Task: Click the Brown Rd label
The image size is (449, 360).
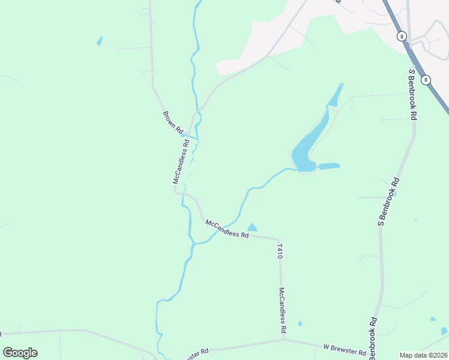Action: click(172, 121)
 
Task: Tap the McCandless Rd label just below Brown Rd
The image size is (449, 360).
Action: click(181, 161)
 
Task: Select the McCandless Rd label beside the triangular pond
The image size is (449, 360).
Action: click(227, 229)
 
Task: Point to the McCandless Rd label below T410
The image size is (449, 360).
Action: click(282, 310)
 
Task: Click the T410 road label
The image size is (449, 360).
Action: click(279, 251)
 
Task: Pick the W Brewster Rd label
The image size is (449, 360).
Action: click(345, 349)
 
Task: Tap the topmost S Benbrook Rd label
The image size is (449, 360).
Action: click(412, 95)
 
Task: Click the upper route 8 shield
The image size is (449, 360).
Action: click(402, 37)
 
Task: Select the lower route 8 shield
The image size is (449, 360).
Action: click(426, 80)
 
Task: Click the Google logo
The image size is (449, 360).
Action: click(20, 352)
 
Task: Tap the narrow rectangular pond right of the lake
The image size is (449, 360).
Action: click(329, 166)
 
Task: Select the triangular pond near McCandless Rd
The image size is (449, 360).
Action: click(253, 227)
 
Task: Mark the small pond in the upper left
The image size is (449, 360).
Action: click(100, 41)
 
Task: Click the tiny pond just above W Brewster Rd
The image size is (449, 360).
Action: click(300, 324)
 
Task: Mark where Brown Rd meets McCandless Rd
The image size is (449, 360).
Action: click(186, 134)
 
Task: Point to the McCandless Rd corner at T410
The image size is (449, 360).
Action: click(279, 238)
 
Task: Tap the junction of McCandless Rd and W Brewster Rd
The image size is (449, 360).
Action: click(284, 339)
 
